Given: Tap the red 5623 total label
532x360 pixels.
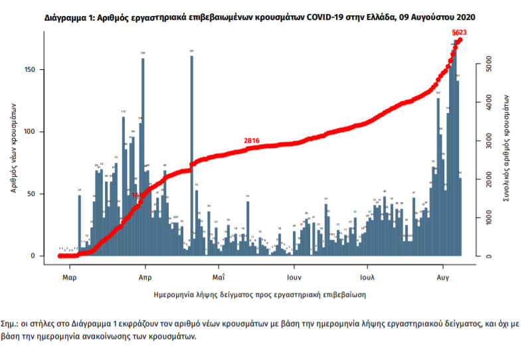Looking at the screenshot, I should [459, 33].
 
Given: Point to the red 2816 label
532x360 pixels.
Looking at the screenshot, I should [252, 141].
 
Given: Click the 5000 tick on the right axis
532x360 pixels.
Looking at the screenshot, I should [488, 64].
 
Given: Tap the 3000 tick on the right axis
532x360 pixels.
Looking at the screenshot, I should [488, 141].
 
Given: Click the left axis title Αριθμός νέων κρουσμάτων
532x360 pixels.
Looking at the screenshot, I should [13, 147].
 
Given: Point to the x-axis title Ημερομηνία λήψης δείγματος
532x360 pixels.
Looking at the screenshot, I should [260, 294].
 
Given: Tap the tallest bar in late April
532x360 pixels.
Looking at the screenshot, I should [192, 153].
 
